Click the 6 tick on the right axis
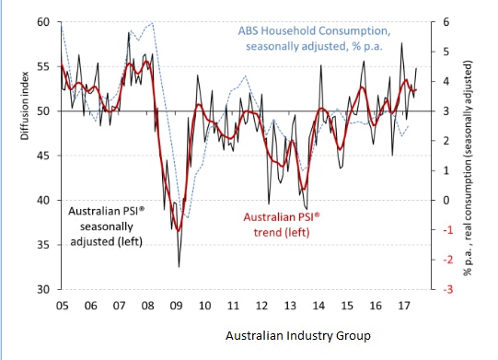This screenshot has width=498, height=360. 446,21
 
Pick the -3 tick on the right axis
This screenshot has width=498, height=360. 445,289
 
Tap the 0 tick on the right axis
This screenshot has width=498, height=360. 446,200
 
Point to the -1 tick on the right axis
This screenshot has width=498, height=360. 445,230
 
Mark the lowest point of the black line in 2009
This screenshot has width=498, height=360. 179,266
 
